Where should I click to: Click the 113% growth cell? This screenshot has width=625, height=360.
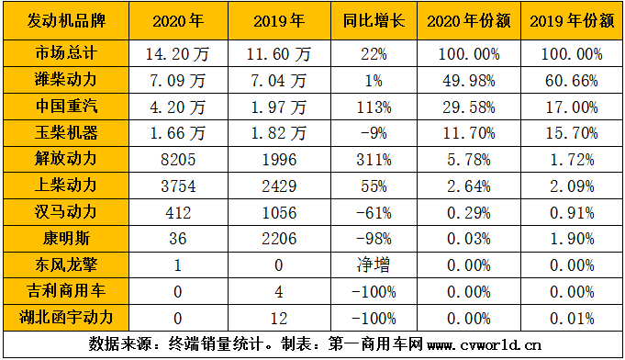pos(366,107)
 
